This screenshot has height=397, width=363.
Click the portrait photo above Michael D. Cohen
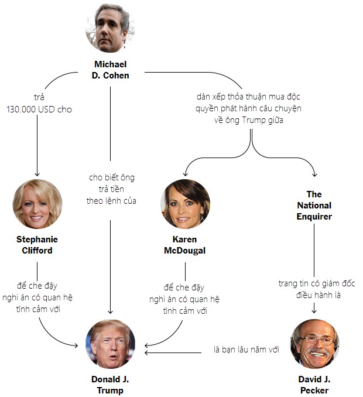tap(110, 28)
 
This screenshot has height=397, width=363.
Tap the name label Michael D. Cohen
tap(110, 70)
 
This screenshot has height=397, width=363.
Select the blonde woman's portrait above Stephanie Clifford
tap(37, 204)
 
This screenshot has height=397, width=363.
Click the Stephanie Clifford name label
tap(37, 245)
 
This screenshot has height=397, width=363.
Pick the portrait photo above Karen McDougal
tap(185, 204)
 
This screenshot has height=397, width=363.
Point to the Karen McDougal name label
tap(185, 245)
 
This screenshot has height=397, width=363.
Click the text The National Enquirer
tap(314, 206)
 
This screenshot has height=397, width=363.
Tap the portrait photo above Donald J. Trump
tap(110, 344)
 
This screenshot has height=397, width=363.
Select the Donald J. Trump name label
tap(110, 385)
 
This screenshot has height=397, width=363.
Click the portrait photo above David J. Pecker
tap(314, 344)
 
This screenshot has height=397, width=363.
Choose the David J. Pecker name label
tap(314, 385)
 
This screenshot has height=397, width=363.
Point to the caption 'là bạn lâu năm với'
tap(246, 350)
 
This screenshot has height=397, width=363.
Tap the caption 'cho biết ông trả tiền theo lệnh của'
tap(111, 189)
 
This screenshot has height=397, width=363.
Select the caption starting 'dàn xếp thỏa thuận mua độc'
tap(252, 108)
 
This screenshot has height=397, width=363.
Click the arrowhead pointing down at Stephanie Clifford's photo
tap(37, 174)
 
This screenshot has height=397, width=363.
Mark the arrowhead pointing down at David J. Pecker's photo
tap(314, 312)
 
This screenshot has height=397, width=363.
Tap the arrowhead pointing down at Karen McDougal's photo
tap(185, 174)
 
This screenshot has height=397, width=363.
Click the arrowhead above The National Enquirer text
tap(314, 174)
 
